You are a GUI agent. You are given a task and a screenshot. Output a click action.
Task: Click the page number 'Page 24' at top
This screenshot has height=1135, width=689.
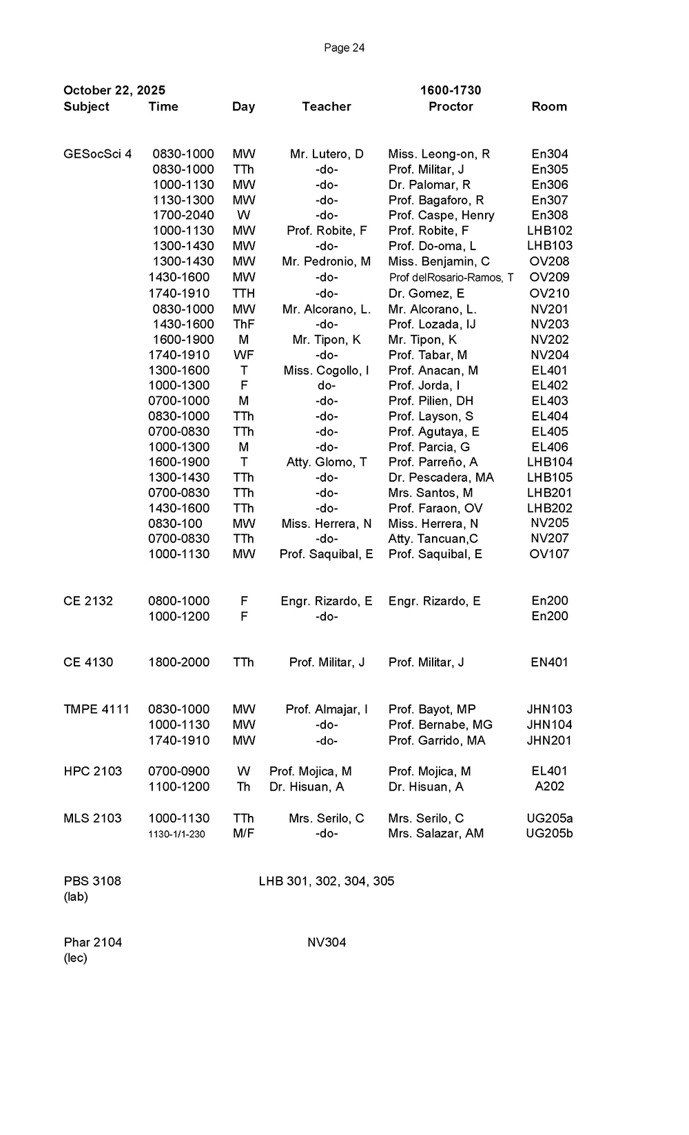point(344,48)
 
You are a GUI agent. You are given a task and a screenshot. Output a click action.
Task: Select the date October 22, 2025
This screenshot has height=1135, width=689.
point(114,90)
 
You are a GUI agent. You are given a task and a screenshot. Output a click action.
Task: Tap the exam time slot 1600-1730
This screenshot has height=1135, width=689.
point(451,90)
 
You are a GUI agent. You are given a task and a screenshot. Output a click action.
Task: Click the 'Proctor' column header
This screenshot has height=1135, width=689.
point(451,107)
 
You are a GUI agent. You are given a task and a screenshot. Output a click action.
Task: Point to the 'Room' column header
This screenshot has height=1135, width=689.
point(549,107)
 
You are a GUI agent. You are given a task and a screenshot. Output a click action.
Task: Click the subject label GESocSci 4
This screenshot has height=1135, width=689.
point(97,154)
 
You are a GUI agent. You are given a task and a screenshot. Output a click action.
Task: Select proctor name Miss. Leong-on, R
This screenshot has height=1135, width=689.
point(439,154)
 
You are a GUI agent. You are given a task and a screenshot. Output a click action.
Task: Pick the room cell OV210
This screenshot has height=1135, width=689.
point(549,294)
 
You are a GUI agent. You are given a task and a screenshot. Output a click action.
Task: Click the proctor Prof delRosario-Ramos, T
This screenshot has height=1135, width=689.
point(451,278)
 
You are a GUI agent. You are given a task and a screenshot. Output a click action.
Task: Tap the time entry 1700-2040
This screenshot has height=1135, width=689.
point(183,216)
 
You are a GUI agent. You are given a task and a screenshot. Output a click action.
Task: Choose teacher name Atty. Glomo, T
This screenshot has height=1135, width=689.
point(327,462)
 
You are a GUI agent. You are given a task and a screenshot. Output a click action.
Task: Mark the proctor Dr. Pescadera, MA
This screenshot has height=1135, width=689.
point(441,478)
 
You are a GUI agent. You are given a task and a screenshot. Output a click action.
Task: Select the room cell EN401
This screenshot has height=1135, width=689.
point(549,663)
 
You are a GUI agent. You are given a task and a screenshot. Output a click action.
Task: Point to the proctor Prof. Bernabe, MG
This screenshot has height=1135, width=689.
point(440,725)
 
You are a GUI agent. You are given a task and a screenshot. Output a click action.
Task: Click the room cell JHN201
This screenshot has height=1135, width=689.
point(549,741)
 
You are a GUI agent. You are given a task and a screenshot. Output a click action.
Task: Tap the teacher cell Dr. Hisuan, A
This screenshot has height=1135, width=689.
point(307,787)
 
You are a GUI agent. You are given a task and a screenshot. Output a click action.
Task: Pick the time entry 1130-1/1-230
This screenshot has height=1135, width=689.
point(176,835)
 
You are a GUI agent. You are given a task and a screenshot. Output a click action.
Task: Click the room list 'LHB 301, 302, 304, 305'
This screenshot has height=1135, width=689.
point(327,881)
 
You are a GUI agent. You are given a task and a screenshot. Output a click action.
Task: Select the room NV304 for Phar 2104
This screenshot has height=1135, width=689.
point(327,943)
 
